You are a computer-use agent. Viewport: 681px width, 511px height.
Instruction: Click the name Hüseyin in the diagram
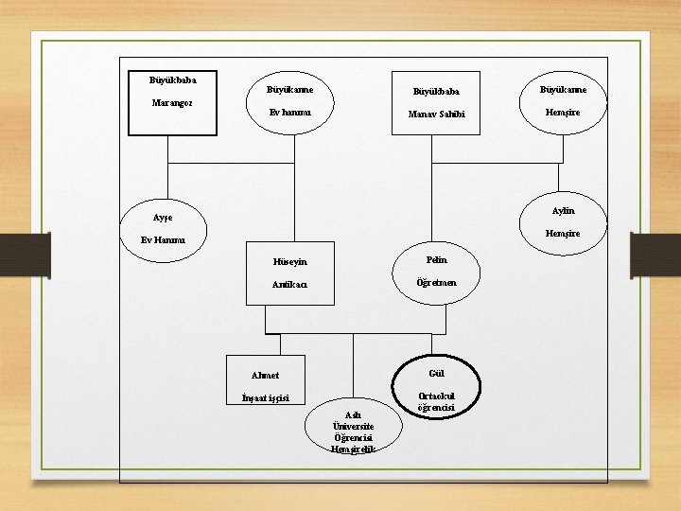(289, 262)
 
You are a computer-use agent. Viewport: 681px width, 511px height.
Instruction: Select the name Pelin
(436, 259)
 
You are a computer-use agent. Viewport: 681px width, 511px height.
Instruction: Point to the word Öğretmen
(436, 282)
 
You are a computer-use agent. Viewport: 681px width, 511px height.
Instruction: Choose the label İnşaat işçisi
(266, 396)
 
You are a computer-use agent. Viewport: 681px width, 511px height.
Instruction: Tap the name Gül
(436, 372)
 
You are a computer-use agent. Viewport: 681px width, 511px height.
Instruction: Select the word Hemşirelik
(354, 449)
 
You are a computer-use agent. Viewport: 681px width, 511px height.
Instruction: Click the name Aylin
(563, 210)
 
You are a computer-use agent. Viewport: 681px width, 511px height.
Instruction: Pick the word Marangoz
(173, 101)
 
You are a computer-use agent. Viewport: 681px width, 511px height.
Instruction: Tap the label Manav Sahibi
(436, 115)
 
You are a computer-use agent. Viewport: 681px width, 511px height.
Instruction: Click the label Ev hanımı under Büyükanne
(289, 112)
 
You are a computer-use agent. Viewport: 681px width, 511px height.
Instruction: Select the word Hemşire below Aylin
(563, 233)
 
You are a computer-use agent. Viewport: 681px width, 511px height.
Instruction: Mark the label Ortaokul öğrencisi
(436, 401)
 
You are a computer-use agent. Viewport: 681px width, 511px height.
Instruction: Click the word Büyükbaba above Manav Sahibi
(436, 92)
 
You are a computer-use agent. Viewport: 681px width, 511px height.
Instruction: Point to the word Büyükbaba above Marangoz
(173, 79)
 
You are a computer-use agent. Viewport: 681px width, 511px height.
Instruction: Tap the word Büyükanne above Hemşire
(563, 90)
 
